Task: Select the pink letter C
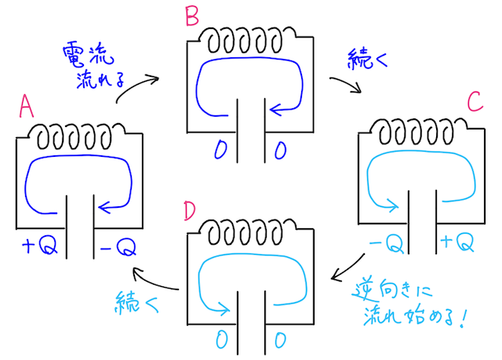coord(474,101)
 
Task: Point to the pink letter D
coord(189,213)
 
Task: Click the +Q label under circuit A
coord(36,247)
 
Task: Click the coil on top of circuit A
coord(78,136)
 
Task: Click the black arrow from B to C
coord(346,84)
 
